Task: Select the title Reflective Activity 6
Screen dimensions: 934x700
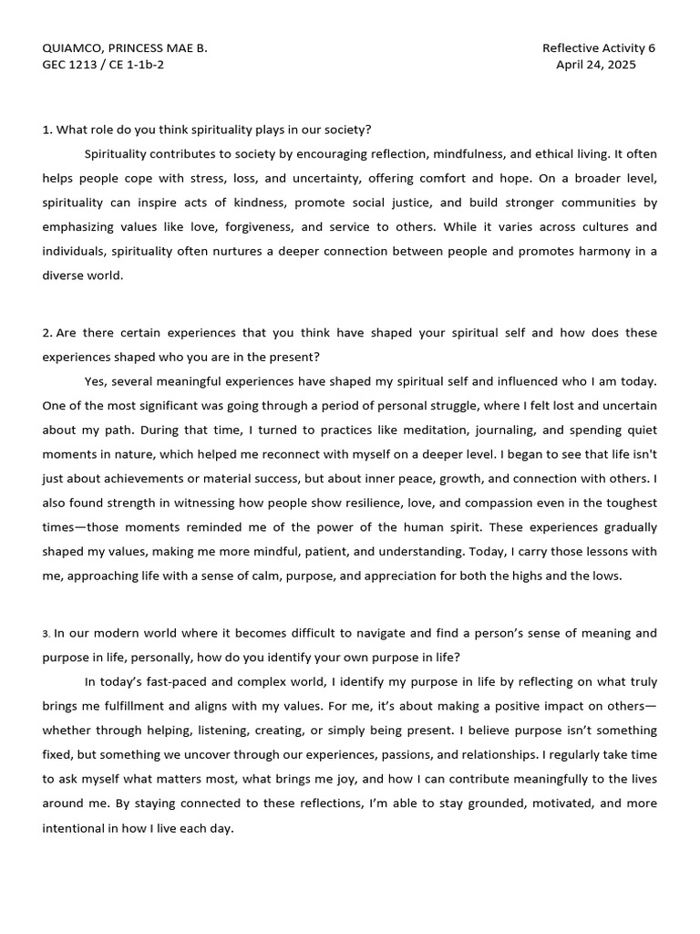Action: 599,48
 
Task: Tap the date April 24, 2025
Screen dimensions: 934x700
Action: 596,65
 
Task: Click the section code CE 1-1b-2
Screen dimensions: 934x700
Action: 136,65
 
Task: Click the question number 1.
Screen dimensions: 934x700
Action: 46,130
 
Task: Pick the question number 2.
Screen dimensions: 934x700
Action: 46,333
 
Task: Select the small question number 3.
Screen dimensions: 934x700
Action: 46,634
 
